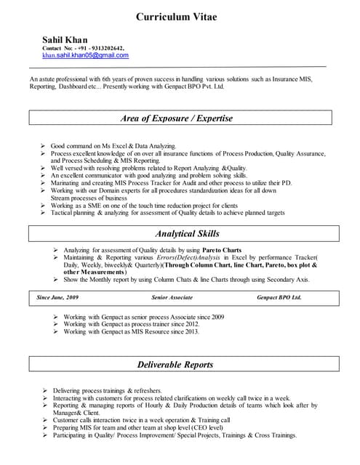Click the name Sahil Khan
click(x=65, y=39)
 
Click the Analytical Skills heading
click(x=179, y=233)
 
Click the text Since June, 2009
click(x=57, y=298)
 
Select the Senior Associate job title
click(x=172, y=298)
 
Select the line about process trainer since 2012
click(x=130, y=324)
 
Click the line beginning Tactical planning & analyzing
click(x=167, y=213)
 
